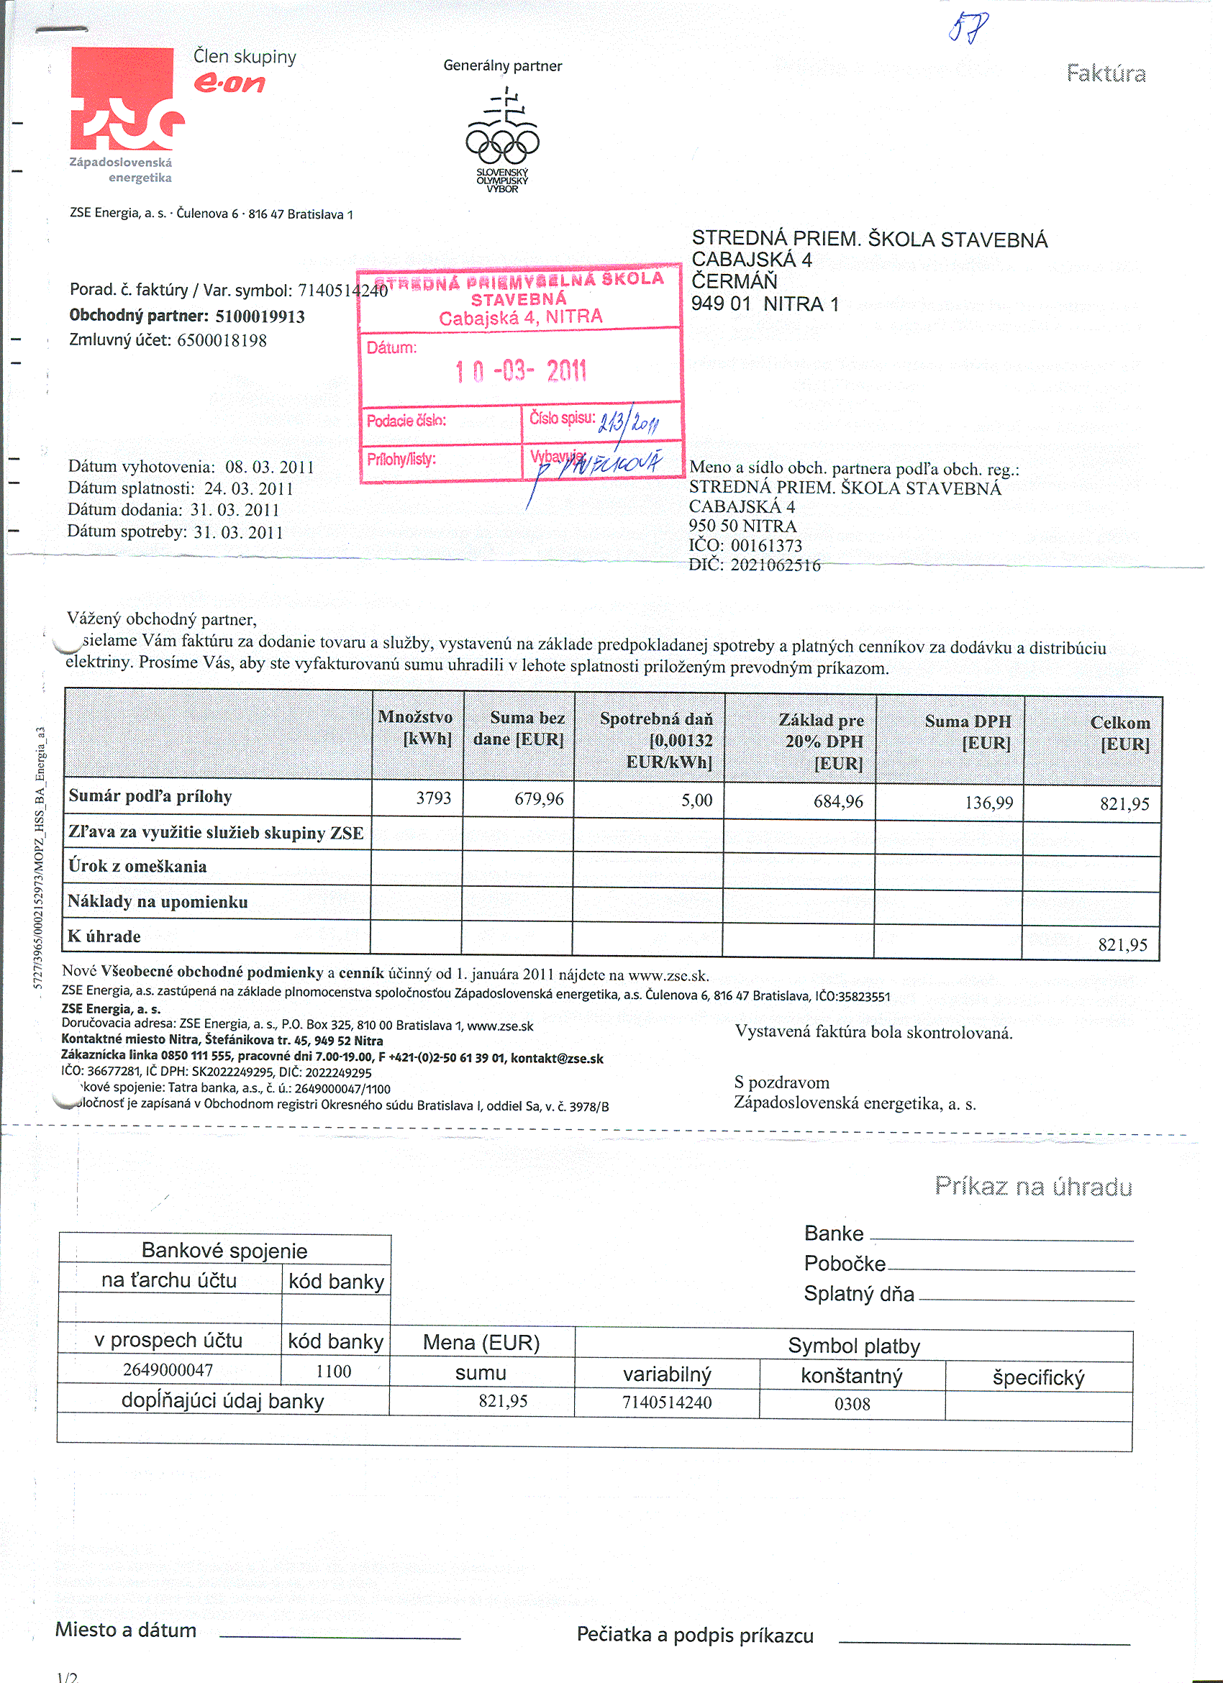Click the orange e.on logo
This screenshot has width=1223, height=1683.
coord(229,83)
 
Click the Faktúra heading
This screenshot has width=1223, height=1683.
coord(1106,73)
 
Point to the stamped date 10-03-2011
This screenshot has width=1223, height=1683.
coord(521,370)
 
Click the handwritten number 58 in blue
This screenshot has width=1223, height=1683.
coord(969,28)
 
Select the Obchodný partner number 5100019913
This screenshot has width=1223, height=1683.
coord(260,317)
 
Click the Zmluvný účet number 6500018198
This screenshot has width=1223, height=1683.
coord(222,341)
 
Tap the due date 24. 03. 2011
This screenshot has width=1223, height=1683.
coord(249,489)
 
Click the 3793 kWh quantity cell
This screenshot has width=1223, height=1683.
coord(433,798)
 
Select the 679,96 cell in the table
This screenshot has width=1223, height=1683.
coord(539,799)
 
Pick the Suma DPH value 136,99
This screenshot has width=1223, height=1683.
coord(988,802)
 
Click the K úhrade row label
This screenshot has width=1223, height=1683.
coord(104,936)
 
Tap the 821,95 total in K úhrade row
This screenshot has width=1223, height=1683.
coord(1122,944)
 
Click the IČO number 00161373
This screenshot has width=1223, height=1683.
coord(767,546)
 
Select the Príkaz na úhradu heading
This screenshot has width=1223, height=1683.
coord(1033,1187)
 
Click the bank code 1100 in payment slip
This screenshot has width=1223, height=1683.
coord(333,1372)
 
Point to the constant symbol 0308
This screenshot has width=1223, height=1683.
coord(852,1404)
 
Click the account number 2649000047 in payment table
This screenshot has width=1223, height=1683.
coord(168,1370)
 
